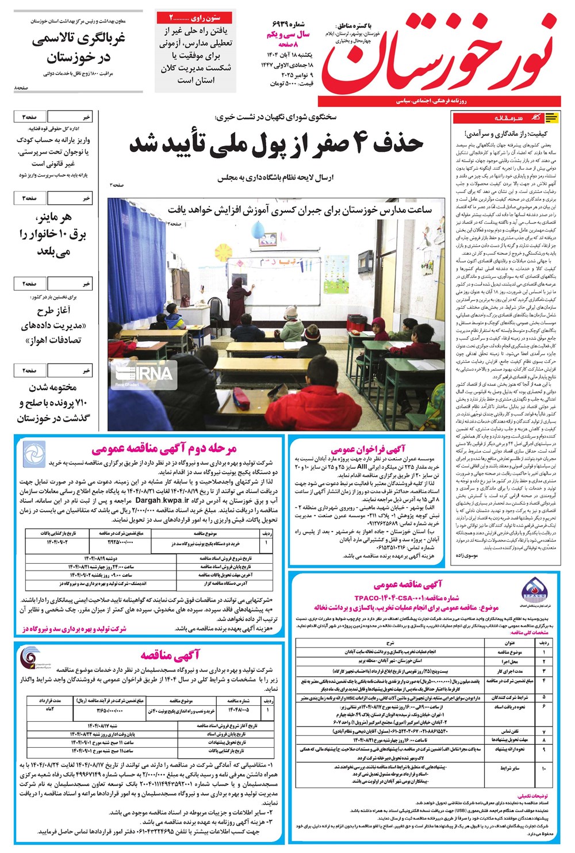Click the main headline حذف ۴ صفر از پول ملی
tap(276, 144)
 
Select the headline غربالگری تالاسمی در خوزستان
tap(78, 48)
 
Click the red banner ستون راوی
tap(195, 18)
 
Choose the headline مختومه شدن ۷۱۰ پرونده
tap(53, 403)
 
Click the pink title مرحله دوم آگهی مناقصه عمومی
tap(164, 448)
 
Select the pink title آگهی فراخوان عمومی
tap(368, 449)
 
